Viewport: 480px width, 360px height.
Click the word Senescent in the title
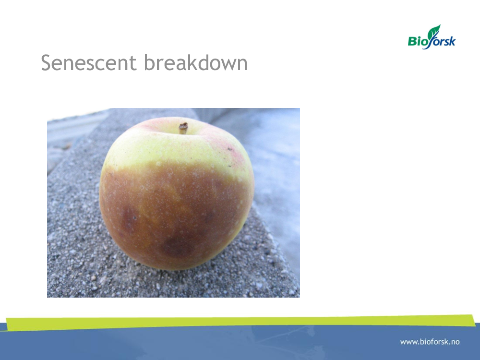tap(88, 63)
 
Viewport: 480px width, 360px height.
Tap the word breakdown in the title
tap(196, 62)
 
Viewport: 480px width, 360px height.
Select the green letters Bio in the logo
tap(418, 41)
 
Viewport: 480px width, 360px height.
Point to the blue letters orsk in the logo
tap(445, 41)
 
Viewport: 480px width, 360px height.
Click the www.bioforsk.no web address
tap(430, 342)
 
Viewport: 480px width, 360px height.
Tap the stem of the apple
tap(183, 128)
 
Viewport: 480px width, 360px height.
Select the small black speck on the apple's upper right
tap(229, 149)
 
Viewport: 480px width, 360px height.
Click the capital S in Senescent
tap(46, 63)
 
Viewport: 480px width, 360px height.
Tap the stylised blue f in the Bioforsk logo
tap(432, 41)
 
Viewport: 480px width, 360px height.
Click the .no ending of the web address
tap(454, 342)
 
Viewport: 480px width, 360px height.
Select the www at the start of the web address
tap(408, 342)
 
